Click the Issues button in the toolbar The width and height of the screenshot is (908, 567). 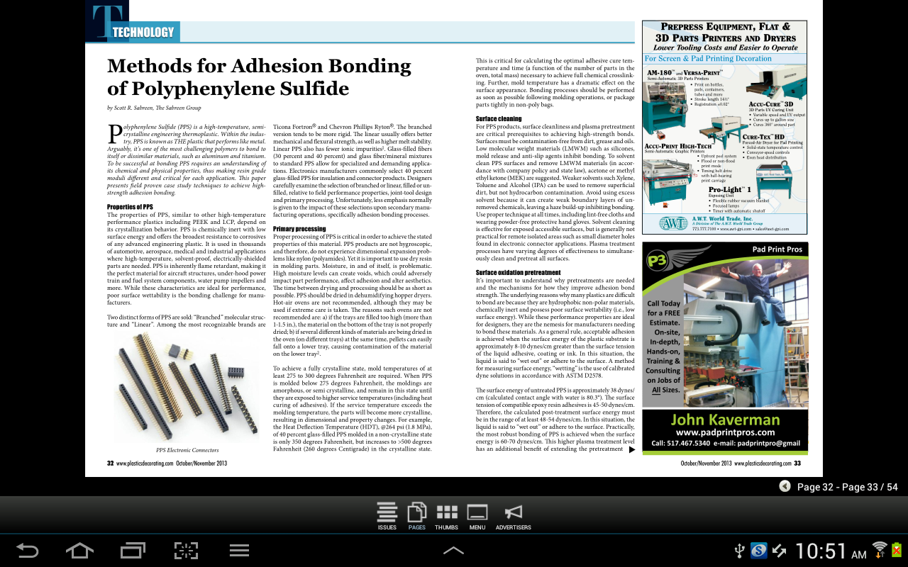[x=387, y=515]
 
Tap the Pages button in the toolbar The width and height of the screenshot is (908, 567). [x=417, y=515]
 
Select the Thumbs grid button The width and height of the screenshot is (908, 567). [x=446, y=515]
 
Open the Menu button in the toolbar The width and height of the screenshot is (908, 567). [x=477, y=515]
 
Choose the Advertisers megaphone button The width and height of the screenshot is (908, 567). [x=513, y=515]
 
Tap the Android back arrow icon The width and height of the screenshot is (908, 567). [x=28, y=550]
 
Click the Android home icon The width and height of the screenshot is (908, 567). [x=79, y=550]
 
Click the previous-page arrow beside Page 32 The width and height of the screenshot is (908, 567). [x=785, y=486]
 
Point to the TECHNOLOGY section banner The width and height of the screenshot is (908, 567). [x=143, y=32]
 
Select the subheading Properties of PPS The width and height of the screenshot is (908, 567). [x=130, y=207]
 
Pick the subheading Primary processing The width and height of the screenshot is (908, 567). [x=299, y=229]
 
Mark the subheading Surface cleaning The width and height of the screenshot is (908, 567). [x=499, y=119]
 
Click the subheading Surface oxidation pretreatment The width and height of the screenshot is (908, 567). [x=518, y=273]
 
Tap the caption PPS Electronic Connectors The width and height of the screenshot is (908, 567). [x=187, y=450]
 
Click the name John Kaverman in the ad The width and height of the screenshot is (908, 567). [x=724, y=420]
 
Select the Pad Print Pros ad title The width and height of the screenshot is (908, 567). [x=777, y=249]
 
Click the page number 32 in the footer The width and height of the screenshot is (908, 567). [x=111, y=463]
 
